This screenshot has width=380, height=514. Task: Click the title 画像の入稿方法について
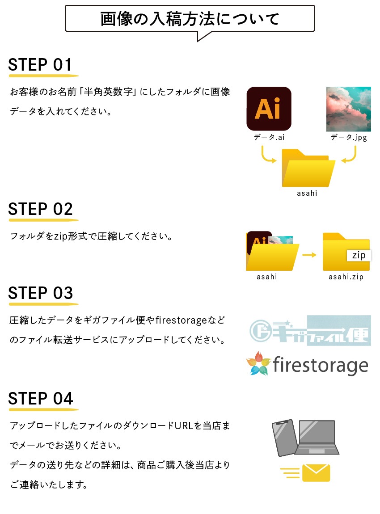click(190, 19)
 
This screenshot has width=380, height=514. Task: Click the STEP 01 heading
click(40, 64)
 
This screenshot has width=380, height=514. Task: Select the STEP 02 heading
click(40, 209)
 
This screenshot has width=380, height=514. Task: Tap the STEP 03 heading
click(40, 293)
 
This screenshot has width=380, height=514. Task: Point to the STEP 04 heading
click(40, 399)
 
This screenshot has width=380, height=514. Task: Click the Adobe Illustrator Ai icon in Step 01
click(269, 109)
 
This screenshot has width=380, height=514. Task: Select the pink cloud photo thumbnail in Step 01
click(349, 109)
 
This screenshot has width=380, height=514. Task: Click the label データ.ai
click(269, 137)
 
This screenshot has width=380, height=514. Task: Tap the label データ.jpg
click(349, 137)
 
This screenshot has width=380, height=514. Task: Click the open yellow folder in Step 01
click(308, 168)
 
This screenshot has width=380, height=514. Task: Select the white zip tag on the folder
click(359, 255)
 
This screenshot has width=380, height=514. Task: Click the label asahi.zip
click(346, 277)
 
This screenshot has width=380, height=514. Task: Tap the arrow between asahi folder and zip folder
click(309, 255)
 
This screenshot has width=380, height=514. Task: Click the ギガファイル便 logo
click(310, 330)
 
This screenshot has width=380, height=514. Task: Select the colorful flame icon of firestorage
click(259, 363)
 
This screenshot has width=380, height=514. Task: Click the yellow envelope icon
click(316, 473)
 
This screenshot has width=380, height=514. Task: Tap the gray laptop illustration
click(317, 437)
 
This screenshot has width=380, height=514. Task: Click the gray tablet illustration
click(285, 438)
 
